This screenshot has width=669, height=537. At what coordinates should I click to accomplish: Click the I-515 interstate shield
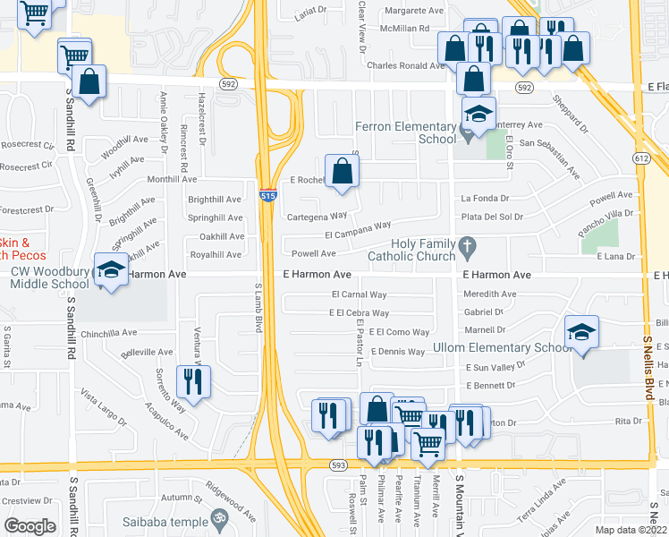(267, 195)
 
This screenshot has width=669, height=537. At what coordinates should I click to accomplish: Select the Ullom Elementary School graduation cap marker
(581, 332)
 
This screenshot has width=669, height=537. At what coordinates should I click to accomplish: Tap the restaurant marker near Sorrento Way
(193, 381)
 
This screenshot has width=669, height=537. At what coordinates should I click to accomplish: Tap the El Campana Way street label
(358, 230)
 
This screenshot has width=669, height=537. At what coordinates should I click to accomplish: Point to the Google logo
(30, 525)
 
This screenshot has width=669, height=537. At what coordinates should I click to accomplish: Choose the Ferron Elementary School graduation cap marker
(478, 114)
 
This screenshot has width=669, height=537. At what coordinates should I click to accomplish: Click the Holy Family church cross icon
(465, 245)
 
